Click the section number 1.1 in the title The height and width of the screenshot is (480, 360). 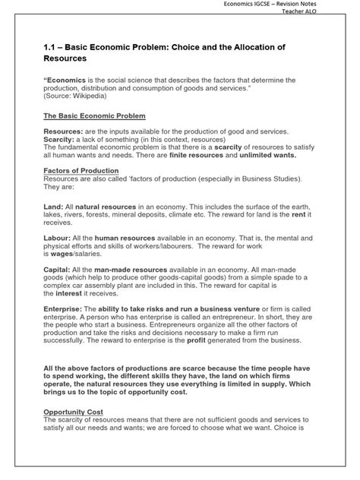click(51, 46)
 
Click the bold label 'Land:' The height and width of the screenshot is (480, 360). click(55, 207)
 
